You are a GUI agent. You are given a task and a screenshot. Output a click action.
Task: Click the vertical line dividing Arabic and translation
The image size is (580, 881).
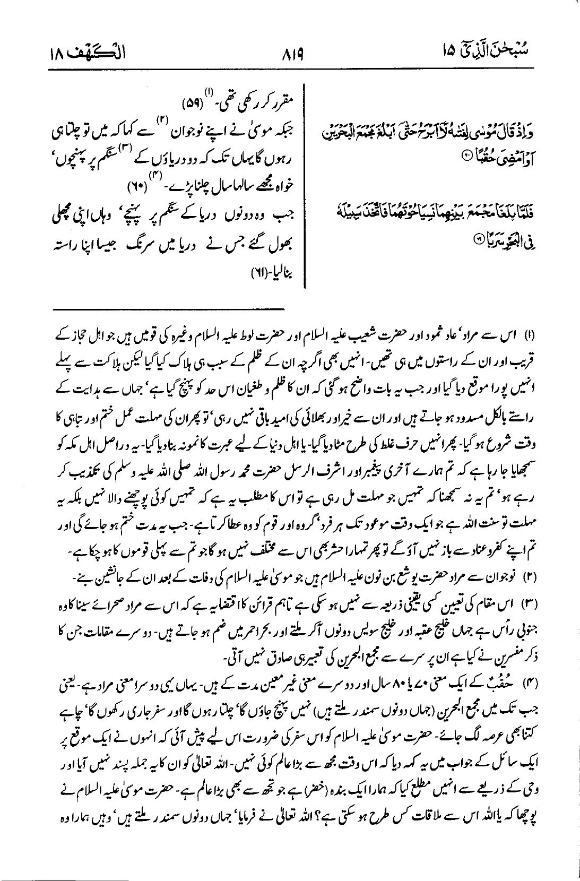point(304,186)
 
